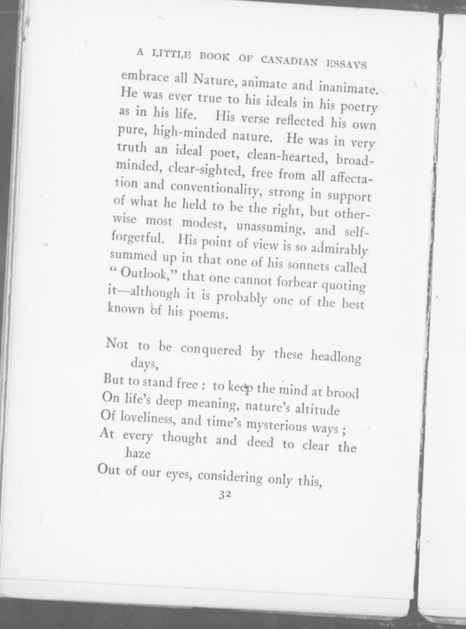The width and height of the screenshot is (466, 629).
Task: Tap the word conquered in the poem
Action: coord(211,349)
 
